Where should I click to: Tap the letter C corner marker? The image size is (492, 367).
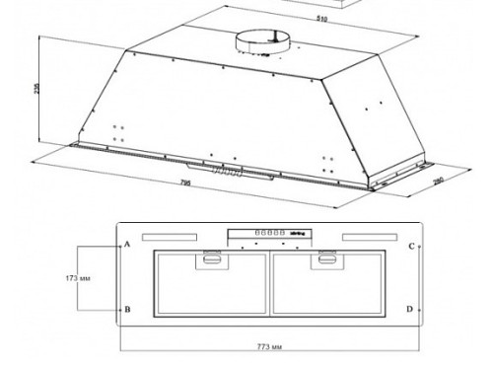pyautogui.click(x=410, y=246)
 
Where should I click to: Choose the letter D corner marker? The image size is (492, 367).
pyautogui.click(x=410, y=310)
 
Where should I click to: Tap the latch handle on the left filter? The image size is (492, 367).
pyautogui.click(x=210, y=260)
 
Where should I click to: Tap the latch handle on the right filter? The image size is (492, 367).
pyautogui.click(x=325, y=260)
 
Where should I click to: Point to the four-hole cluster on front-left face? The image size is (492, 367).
pyautogui.click(x=119, y=133)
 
